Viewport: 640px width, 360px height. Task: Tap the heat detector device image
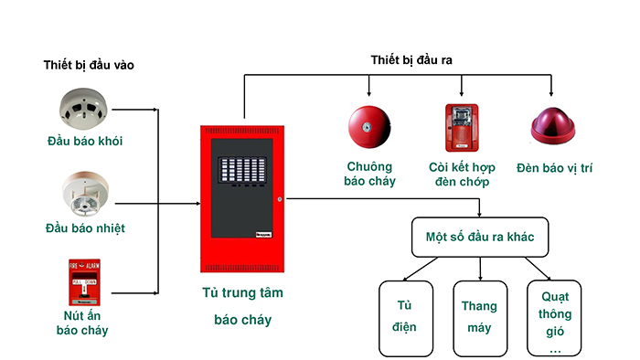pyautogui.click(x=85, y=192)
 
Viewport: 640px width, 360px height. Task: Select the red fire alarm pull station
pyautogui.click(x=85, y=281)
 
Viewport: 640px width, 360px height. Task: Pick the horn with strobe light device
pyautogui.click(x=460, y=128)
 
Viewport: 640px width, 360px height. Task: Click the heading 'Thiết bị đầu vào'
pyautogui.click(x=95, y=66)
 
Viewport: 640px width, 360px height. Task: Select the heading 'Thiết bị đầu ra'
pyautogui.click(x=412, y=60)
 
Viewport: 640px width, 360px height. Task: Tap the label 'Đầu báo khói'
pyautogui.click(x=85, y=142)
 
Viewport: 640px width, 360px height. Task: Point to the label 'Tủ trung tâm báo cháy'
pyautogui.click(x=243, y=307)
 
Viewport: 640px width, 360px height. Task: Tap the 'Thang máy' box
pyautogui.click(x=480, y=317)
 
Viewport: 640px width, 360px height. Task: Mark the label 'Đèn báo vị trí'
pyautogui.click(x=554, y=167)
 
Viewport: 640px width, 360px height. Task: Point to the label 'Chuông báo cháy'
pyautogui.click(x=369, y=174)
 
